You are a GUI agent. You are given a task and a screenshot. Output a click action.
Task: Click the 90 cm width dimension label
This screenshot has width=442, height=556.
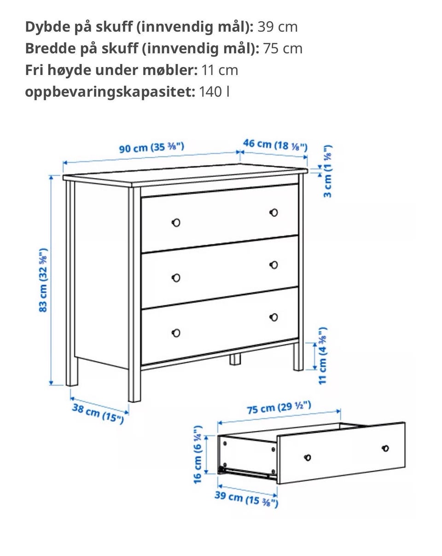coord(151,147)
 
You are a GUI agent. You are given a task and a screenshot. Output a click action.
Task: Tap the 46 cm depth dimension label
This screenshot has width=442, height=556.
coord(275,145)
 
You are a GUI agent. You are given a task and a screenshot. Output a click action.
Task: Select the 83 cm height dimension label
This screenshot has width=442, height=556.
coord(43,280)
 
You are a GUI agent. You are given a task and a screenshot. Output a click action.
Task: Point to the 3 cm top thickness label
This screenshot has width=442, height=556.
coord(327,171)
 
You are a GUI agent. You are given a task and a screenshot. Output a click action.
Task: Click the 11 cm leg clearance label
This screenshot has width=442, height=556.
coord(323,355)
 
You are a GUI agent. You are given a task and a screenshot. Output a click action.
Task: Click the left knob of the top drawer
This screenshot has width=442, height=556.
coord(176,222)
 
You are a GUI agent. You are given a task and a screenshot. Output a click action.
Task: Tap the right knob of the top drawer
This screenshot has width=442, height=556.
coord(273,213)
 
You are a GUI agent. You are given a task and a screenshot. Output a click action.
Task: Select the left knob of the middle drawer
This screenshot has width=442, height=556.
coord(176,278)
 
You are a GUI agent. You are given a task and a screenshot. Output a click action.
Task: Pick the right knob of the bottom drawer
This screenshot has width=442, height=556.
coord(273,317)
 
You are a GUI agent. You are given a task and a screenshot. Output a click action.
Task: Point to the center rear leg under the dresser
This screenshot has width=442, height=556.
coord(235,359)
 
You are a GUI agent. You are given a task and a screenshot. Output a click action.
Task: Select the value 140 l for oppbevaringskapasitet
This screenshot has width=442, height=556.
coord(214,92)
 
